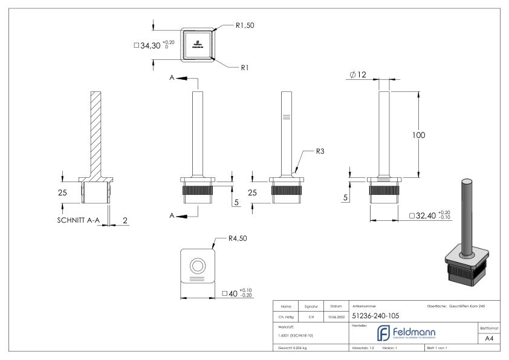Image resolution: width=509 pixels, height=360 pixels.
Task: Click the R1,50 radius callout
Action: click(x=244, y=27)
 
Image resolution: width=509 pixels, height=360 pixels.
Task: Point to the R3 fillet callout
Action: click(x=320, y=151)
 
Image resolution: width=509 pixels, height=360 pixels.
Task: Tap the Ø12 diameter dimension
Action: click(x=357, y=74)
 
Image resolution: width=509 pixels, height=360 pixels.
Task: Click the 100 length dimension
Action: click(x=419, y=135)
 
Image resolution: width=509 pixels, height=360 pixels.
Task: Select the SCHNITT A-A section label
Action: click(x=74, y=221)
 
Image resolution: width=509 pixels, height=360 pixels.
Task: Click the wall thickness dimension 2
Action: click(x=124, y=221)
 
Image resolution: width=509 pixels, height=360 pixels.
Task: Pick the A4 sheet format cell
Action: click(x=490, y=340)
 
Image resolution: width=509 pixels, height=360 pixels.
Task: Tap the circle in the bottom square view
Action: click(x=197, y=265)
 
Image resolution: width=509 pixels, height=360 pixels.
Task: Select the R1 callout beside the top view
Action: click(x=245, y=68)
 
